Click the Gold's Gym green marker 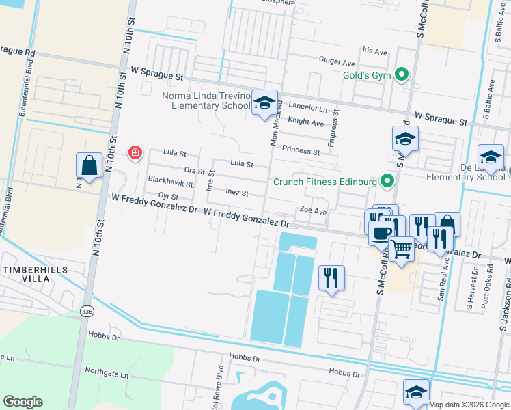pos(402,74)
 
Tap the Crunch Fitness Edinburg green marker pos(388,182)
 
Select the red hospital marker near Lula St pos(135,152)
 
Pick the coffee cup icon pos(381,232)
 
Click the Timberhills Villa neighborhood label pos(36,274)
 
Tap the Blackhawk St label pos(171,184)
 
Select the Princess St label pos(301,150)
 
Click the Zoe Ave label pos(313,212)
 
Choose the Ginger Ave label pos(337,61)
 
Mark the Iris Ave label pos(374,51)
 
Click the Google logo pos(23,402)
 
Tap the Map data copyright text pos(469,405)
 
